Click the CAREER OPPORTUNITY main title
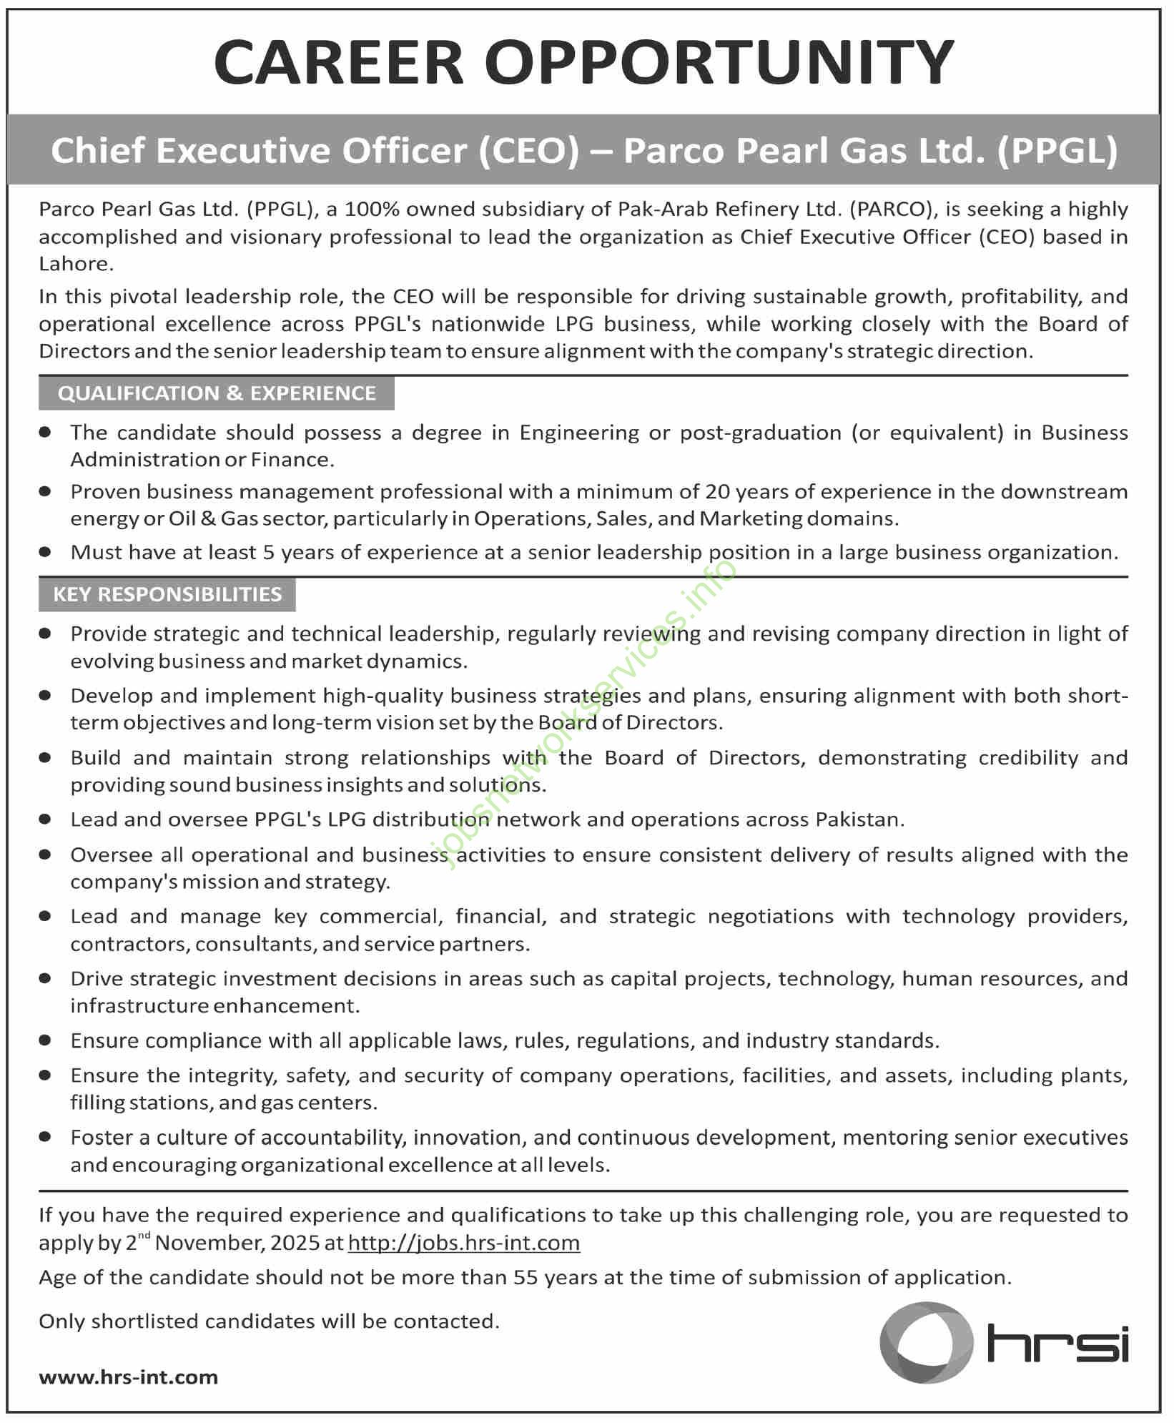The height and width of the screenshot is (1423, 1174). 584,62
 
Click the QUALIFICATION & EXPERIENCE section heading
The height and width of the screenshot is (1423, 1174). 217,393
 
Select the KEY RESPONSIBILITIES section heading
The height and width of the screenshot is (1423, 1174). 167,594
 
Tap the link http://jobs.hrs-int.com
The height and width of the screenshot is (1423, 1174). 463,1243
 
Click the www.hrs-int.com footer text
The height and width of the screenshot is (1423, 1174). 129,1377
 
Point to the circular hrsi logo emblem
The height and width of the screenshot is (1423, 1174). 926,1342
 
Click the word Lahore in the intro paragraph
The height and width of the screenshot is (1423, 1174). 76,264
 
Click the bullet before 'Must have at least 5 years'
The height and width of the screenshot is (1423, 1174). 46,552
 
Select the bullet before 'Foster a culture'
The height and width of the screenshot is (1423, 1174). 46,1138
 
